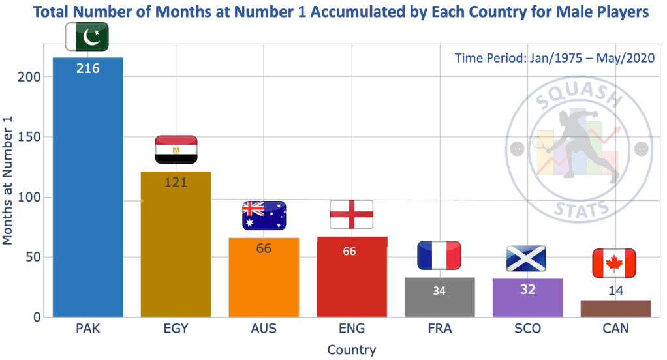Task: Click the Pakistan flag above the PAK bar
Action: point(87,37)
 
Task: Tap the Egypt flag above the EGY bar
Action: point(176,149)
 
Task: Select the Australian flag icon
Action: point(264,215)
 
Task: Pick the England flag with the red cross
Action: point(352,214)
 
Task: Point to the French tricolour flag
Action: point(439,256)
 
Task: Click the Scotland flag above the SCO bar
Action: point(527,258)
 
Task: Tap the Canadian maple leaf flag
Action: point(613,263)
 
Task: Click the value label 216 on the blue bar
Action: point(87,68)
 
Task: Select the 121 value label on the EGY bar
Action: point(176,182)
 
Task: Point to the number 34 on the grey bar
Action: point(439,291)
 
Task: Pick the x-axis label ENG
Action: point(352,329)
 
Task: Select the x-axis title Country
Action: point(351,350)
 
